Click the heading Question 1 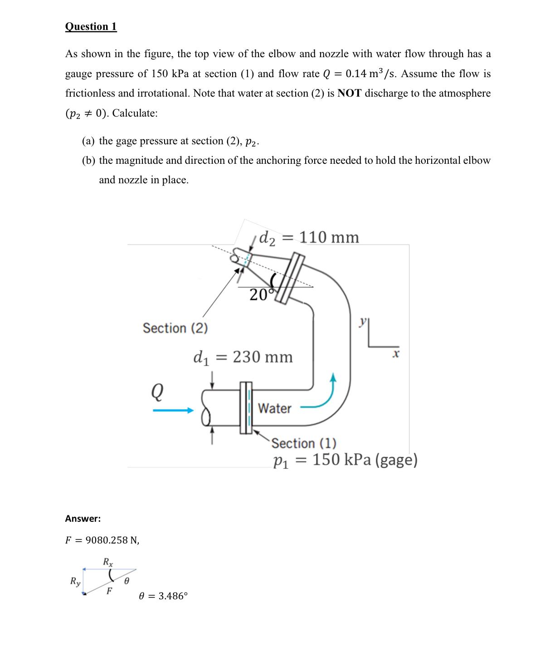coord(91,26)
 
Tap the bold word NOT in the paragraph coord(349,93)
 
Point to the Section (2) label coord(175,328)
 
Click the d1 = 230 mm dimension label coord(243,357)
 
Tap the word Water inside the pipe coord(274,408)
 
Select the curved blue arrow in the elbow coord(324,397)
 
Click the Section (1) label coord(304,443)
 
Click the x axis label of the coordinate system coord(396,353)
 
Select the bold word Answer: coord(83,519)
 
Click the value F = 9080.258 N coord(102,540)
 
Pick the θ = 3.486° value coord(163,596)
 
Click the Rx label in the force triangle coord(108,562)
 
